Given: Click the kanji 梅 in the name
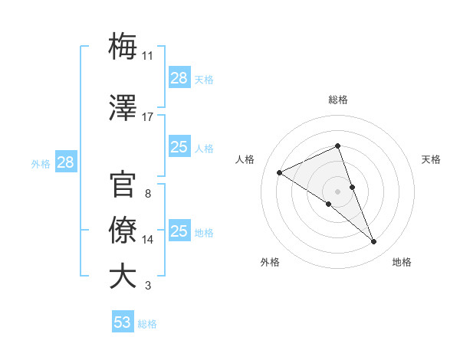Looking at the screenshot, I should [123, 47].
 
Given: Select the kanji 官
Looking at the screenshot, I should [123, 185].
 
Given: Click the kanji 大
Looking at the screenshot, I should [123, 277].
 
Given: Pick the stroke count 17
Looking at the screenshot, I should [148, 117].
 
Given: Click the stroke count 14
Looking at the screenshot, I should [148, 240].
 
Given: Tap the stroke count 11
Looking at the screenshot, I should [148, 56].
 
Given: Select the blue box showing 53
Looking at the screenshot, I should [123, 322].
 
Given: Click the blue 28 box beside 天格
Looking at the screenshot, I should [179, 78].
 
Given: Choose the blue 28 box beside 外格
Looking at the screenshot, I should [65, 162].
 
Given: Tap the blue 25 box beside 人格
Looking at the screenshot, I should [179, 147].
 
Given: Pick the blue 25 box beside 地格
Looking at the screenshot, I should [179, 231].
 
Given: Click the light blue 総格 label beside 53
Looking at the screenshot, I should [148, 324].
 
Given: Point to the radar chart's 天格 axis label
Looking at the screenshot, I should [432, 159].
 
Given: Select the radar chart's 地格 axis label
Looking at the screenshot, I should [402, 262].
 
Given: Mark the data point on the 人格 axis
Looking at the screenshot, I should [280, 172].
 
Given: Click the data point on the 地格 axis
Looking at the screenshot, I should [374, 242].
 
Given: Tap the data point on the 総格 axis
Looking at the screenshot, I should [337, 146].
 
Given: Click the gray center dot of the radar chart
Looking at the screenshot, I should [337, 191].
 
